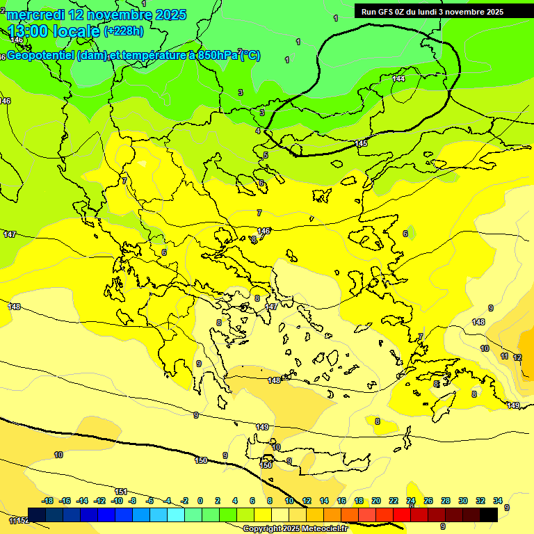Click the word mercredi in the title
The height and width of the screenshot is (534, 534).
click(x=35, y=14)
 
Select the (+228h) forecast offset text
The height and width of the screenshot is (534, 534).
click(x=124, y=31)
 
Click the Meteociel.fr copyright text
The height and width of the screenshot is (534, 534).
click(x=295, y=528)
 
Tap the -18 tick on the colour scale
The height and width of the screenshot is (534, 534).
click(x=47, y=501)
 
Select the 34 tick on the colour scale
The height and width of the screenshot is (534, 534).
click(x=498, y=501)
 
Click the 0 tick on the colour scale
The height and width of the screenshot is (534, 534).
click(x=200, y=501)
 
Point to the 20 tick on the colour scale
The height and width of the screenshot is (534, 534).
click(x=375, y=501)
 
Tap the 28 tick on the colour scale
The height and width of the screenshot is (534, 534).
click(x=446, y=501)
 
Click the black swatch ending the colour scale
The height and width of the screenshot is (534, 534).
click(x=489, y=514)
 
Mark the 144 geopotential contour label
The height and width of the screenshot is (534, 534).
click(x=398, y=79)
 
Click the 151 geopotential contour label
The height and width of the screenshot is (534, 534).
click(x=121, y=492)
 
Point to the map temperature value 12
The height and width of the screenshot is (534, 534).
click(x=517, y=357)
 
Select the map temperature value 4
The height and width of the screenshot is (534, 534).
click(x=257, y=131)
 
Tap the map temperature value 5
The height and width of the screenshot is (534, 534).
click(x=265, y=155)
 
